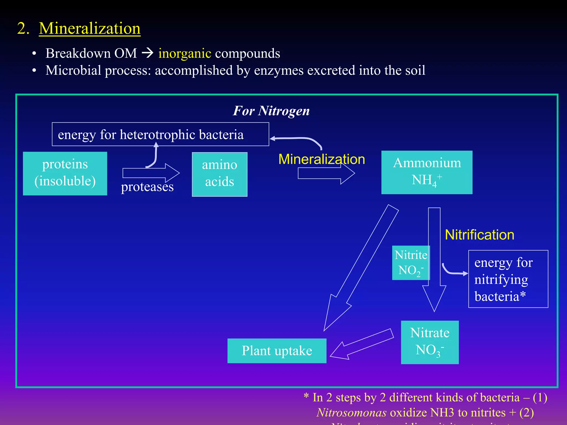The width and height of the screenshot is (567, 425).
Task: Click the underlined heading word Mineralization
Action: (89, 28)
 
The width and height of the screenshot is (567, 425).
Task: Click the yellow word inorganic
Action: (185, 53)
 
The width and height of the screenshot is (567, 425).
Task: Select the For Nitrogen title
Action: (271, 111)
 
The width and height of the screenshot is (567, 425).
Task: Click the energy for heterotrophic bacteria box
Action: (160, 134)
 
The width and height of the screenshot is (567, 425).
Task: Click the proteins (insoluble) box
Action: (65, 173)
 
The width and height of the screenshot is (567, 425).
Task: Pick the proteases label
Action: (147, 187)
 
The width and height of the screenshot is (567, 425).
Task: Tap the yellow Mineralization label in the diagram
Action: (321, 159)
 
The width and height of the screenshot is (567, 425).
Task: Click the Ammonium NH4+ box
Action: (427, 172)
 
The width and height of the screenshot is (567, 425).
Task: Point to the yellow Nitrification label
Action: (479, 235)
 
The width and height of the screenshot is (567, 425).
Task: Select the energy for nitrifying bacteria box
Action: (508, 279)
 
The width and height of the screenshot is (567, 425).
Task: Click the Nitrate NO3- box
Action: (429, 342)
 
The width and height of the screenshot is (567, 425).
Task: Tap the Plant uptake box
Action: (277, 351)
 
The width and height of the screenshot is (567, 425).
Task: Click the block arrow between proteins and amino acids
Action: (151, 173)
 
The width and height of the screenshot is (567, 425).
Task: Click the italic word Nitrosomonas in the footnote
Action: (351, 413)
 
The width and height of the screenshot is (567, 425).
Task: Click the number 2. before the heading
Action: (23, 28)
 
